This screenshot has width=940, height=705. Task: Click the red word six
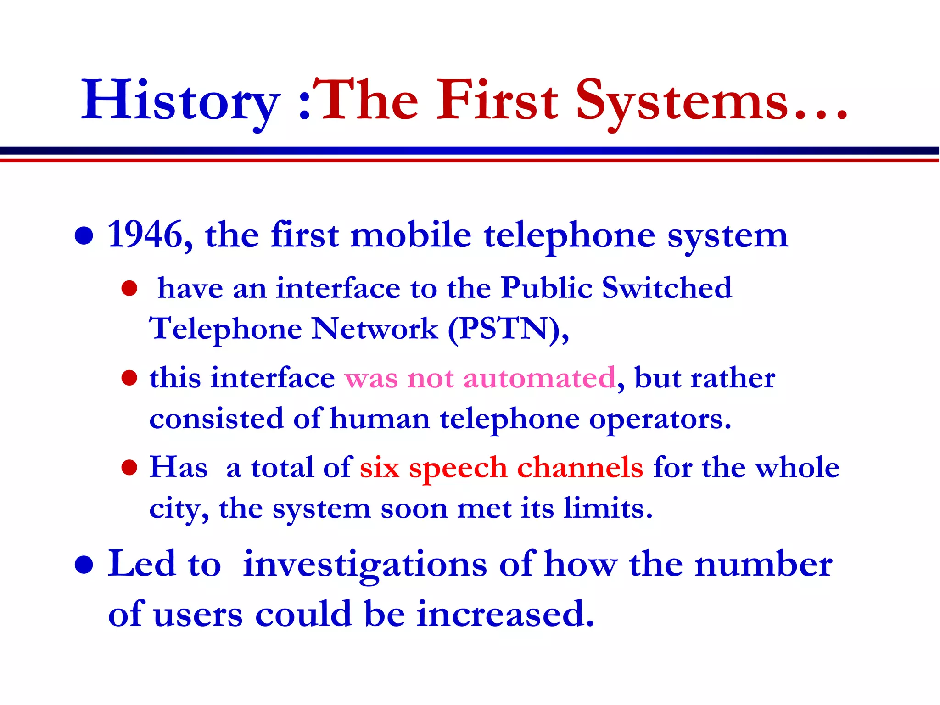[x=379, y=468]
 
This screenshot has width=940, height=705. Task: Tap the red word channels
[x=580, y=468]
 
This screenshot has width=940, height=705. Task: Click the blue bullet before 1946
[x=84, y=236]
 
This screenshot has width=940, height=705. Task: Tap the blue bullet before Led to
[x=84, y=565]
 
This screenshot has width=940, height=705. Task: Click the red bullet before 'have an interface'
[x=129, y=289]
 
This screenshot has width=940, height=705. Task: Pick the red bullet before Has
[x=129, y=468]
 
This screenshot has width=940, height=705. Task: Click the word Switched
[x=666, y=288]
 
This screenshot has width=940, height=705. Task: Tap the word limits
[x=607, y=509]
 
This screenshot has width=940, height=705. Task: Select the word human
[x=380, y=419]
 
